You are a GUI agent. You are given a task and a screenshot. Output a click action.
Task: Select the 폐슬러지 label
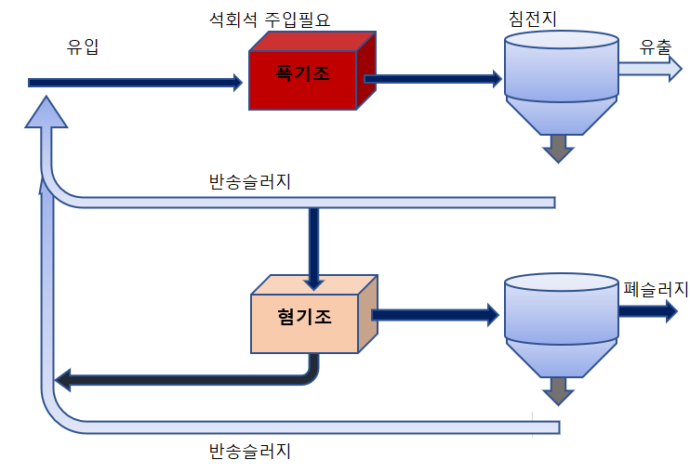(x=655, y=289)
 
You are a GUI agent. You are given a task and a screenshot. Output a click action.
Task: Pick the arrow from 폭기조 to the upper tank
(x=432, y=79)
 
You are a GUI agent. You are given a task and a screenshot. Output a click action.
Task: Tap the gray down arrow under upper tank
(x=558, y=148)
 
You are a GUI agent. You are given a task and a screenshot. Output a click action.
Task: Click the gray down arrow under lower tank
(x=558, y=390)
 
